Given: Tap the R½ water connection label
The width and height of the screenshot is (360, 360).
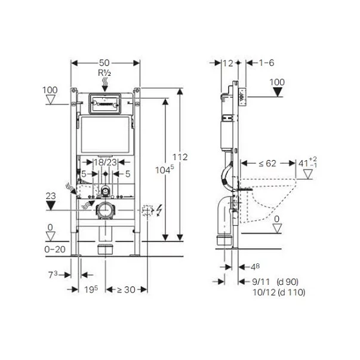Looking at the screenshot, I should pos(106,73).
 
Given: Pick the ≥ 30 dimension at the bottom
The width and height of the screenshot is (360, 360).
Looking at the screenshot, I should pos(122,290).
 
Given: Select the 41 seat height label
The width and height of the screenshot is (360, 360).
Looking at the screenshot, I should pos(305,162).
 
